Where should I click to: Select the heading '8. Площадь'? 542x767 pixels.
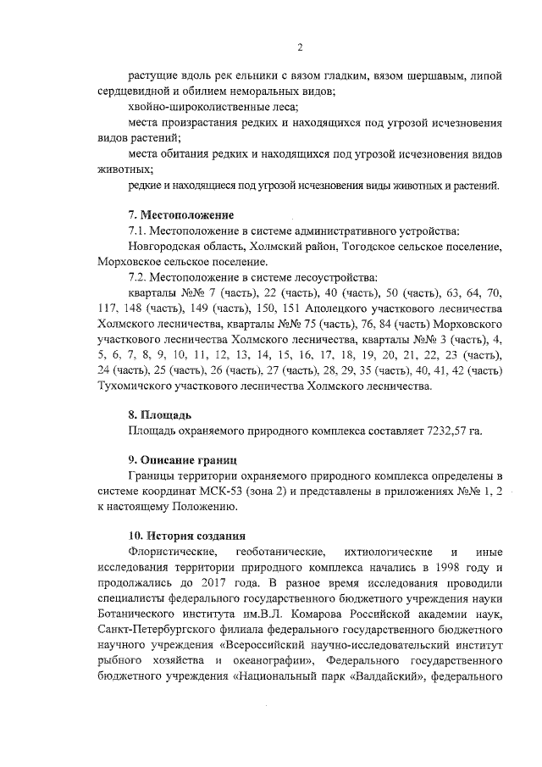[160, 415]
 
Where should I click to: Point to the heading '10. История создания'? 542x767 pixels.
[187, 536]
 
